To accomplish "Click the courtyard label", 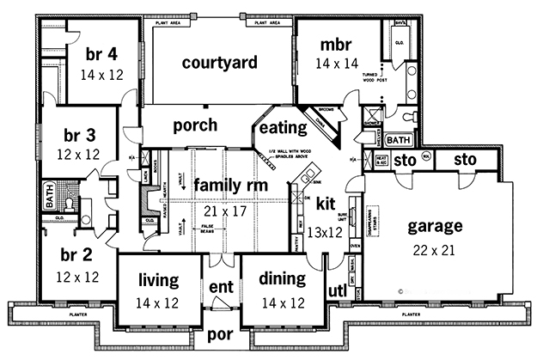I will [x=221, y=63].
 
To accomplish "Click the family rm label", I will [x=228, y=185].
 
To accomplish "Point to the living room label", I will [x=157, y=279].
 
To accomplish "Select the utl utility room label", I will [x=337, y=291].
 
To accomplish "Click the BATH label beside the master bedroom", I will [x=399, y=139].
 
